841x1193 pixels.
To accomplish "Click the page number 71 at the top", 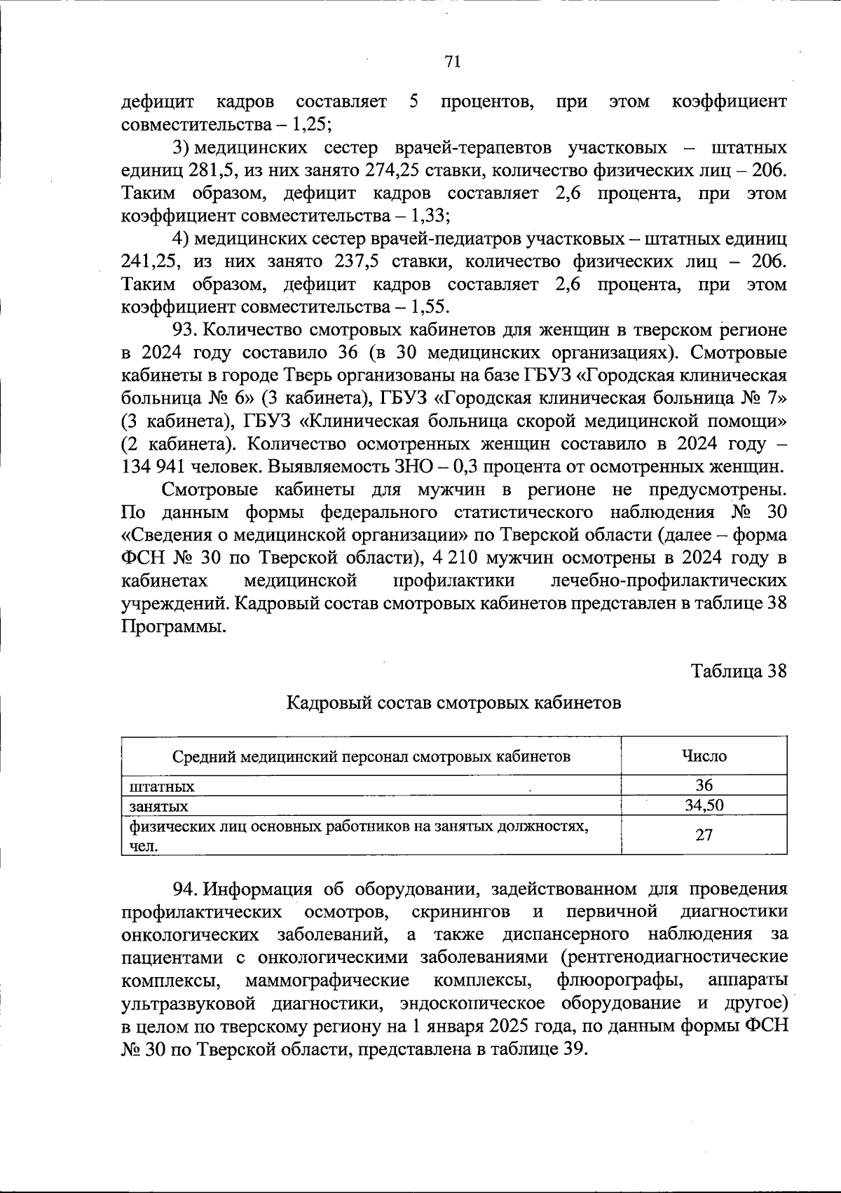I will coord(453,62).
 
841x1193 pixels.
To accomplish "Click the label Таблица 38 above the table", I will coord(739,671).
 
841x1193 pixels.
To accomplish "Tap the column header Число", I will coord(704,756).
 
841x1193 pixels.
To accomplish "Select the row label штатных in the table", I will coord(162,786).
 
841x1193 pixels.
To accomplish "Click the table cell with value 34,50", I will coord(704,805).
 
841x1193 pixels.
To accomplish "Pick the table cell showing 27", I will coord(704,835).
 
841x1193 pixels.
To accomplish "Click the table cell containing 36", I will coord(704,786).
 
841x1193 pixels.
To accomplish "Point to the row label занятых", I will coord(158,806).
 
